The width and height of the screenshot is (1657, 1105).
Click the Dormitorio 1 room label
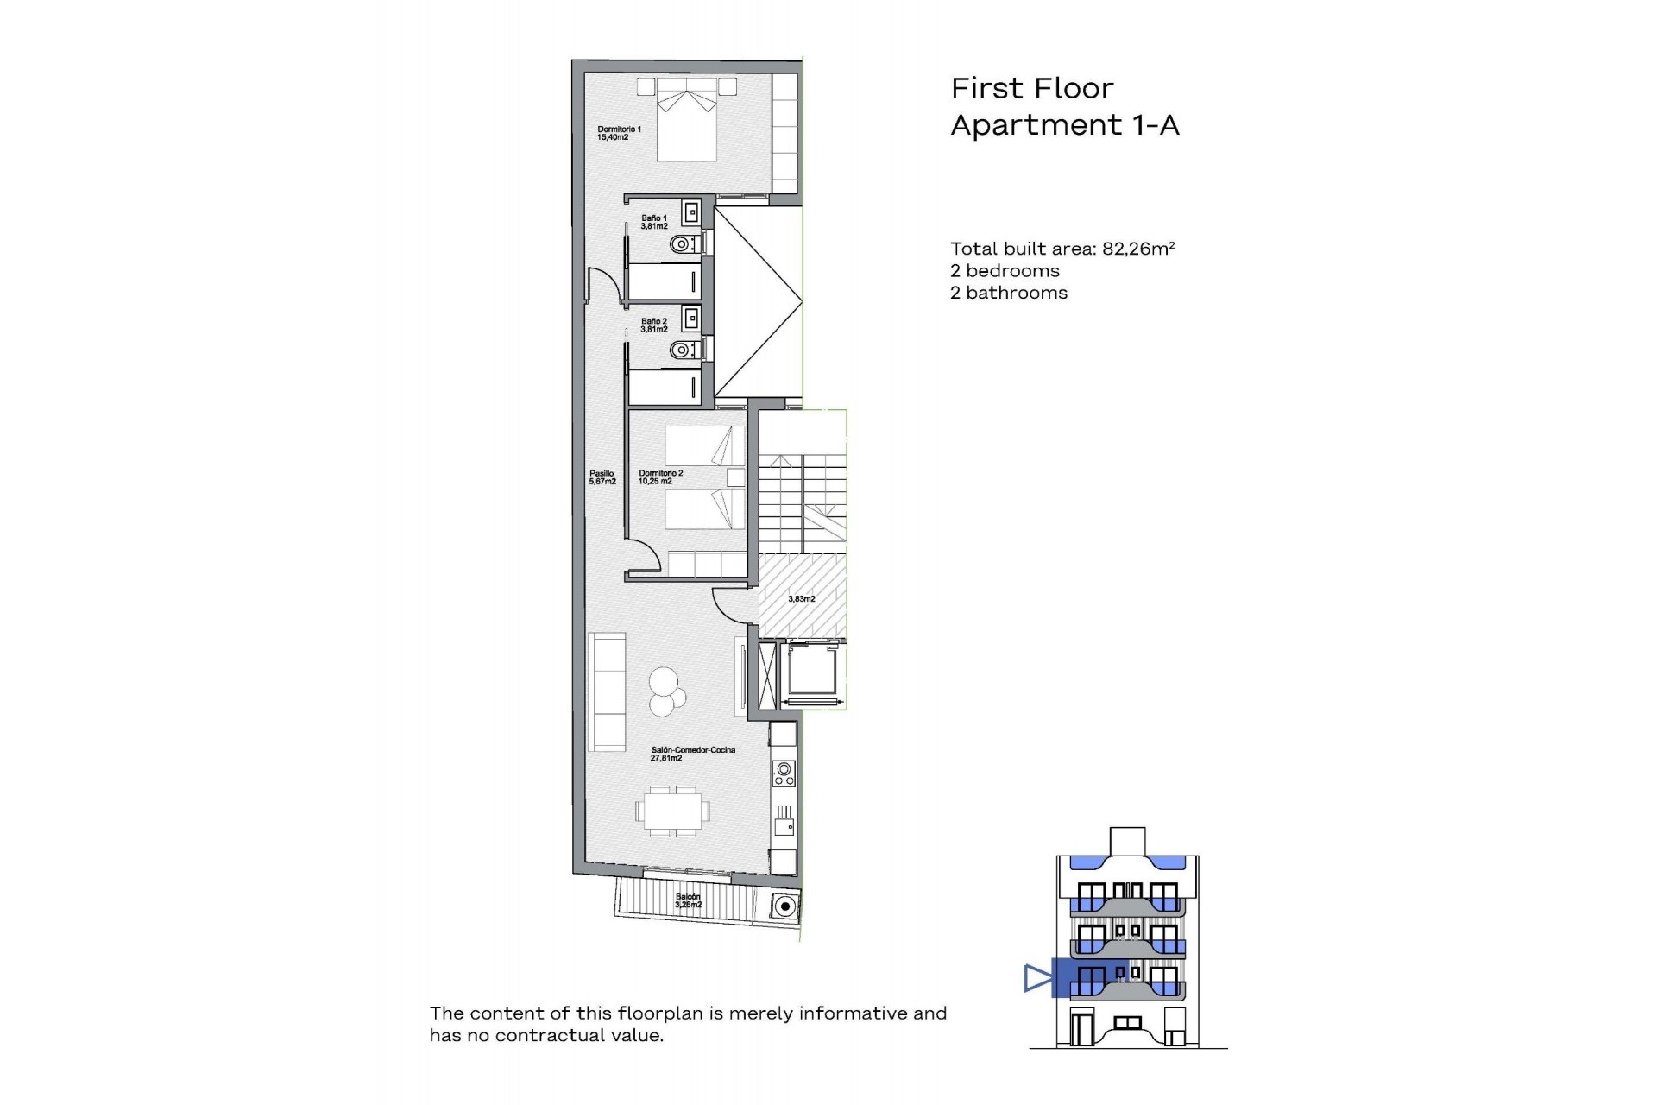pyautogui.click(x=619, y=133)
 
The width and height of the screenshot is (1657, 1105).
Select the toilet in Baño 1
pyautogui.click(x=683, y=244)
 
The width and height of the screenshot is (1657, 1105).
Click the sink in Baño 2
pyautogui.click(x=690, y=319)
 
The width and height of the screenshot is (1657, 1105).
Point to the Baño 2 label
pyautogui.click(x=654, y=325)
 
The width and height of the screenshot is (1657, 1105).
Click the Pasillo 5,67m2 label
pyautogui.click(x=602, y=477)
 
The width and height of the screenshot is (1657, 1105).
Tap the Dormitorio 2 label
pyautogui.click(x=660, y=477)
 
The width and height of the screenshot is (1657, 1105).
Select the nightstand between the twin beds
pyautogui.click(x=735, y=478)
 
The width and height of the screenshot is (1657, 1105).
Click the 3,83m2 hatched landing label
pyautogui.click(x=802, y=598)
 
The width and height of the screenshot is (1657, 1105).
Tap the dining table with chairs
pyautogui.click(x=673, y=811)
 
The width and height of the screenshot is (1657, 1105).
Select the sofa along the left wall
pyautogui.click(x=607, y=691)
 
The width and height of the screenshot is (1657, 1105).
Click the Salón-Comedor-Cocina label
pyautogui.click(x=693, y=754)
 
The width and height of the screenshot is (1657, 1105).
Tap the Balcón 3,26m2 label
pyautogui.click(x=688, y=900)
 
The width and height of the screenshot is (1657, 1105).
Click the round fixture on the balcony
pyautogui.click(x=784, y=906)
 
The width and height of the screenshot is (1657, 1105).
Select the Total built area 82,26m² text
pyautogui.click(x=1062, y=249)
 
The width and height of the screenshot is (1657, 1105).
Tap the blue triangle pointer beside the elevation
pyautogui.click(x=1036, y=978)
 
